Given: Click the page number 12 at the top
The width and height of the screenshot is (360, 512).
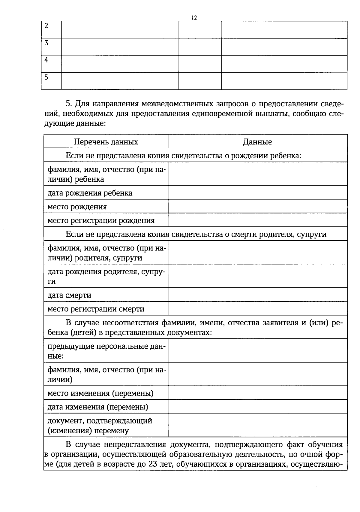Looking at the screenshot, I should pos(194,18).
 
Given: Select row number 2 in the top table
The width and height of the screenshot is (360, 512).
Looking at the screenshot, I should pos(46,26).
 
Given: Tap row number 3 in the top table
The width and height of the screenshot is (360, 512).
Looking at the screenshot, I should pos(46,43).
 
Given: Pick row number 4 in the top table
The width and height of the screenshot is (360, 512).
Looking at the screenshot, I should pos(46,60).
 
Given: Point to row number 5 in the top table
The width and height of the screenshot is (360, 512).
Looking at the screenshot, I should pos(46,77).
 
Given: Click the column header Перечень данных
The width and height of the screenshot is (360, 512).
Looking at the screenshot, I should pos(106,142).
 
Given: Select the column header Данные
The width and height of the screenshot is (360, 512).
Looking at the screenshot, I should pos(257,142).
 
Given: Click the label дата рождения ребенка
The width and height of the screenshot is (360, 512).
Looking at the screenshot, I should pos(90,193).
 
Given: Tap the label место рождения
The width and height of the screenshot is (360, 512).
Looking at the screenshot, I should pos(77,207).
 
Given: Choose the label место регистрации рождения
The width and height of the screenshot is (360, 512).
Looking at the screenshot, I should pos(101,220).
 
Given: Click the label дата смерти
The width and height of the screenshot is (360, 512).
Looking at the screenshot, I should pos(69,295).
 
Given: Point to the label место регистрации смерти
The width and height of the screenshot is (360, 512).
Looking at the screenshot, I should pos(96,309).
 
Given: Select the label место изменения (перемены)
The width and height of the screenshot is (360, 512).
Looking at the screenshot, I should pos(100,393).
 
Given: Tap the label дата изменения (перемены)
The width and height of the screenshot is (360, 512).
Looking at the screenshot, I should pos(98,407).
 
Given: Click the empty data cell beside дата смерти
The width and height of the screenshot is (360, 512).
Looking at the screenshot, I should pos(258,295).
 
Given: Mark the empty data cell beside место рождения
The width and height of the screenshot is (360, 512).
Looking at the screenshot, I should pos(258,207).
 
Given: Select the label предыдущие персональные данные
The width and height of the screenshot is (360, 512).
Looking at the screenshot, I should pos(106,351).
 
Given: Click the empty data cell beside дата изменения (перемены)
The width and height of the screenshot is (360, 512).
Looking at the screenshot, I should pos(258,407).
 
